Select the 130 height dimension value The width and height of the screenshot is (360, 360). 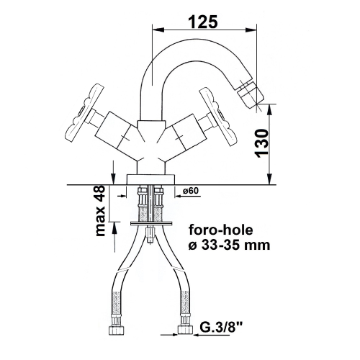[261, 143]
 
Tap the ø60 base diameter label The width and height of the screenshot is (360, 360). [191, 191]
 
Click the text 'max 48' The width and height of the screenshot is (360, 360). [100, 211]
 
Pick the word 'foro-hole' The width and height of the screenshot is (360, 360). [221, 230]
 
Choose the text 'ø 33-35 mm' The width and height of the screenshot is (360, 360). [229, 246]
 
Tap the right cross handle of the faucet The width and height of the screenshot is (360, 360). [216, 117]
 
